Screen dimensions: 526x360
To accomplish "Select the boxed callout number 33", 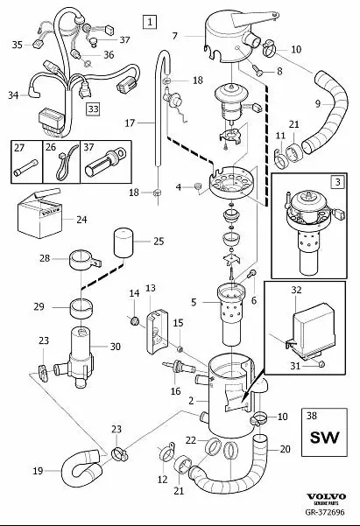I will [x=93, y=109].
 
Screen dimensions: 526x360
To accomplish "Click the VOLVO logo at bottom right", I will [x=334, y=499].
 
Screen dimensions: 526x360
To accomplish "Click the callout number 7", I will [x=175, y=36].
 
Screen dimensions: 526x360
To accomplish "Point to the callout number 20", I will [x=285, y=449].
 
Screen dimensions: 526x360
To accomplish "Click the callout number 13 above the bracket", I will [x=150, y=288].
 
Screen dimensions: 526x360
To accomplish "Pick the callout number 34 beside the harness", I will [x=13, y=95].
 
